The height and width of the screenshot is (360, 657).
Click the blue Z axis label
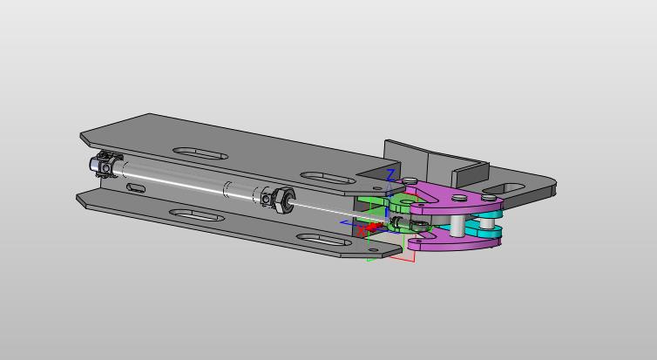coord(390,174)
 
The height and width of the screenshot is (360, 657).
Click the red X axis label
coord(362,231)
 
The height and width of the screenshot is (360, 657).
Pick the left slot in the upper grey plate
coord(200,153)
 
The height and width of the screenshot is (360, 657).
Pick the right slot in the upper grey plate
coord(328,178)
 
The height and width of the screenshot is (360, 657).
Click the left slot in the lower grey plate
coord(197,215)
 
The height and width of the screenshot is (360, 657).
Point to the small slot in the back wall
coord(136,187)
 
